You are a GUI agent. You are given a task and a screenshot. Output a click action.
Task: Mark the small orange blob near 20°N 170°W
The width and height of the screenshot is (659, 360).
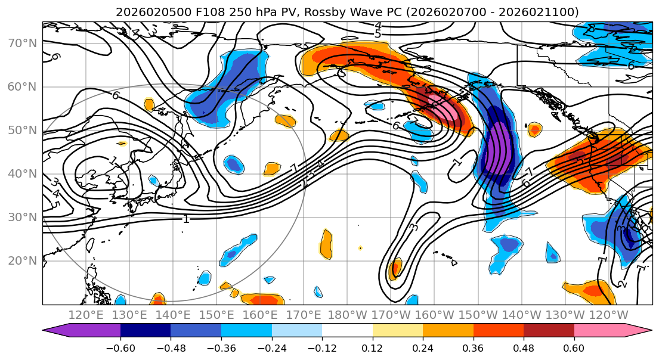(394, 269)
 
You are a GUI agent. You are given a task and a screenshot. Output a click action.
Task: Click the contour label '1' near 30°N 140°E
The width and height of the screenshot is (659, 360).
(186, 219)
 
